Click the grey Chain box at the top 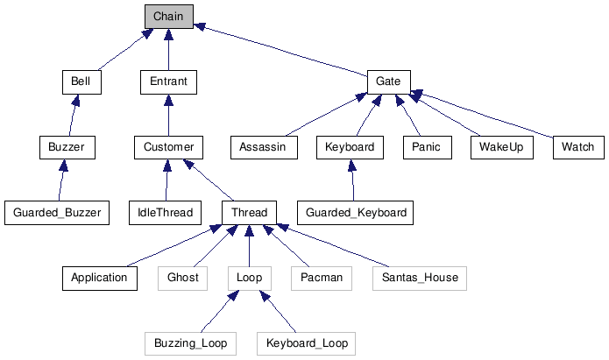tap(168, 16)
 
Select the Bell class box tap(81, 81)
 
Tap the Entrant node tap(168, 81)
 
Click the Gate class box tap(387, 81)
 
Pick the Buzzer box tap(67, 147)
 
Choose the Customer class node tap(168, 147)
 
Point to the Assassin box tap(263, 147)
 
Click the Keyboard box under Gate tap(350, 147)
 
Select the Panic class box tap(427, 147)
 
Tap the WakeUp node tap(501, 147)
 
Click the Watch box tap(577, 147)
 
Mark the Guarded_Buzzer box tap(57, 213)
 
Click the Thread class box tap(250, 213)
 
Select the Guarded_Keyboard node tap(355, 213)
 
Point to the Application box tap(100, 279)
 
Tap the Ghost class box tap(183, 279)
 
